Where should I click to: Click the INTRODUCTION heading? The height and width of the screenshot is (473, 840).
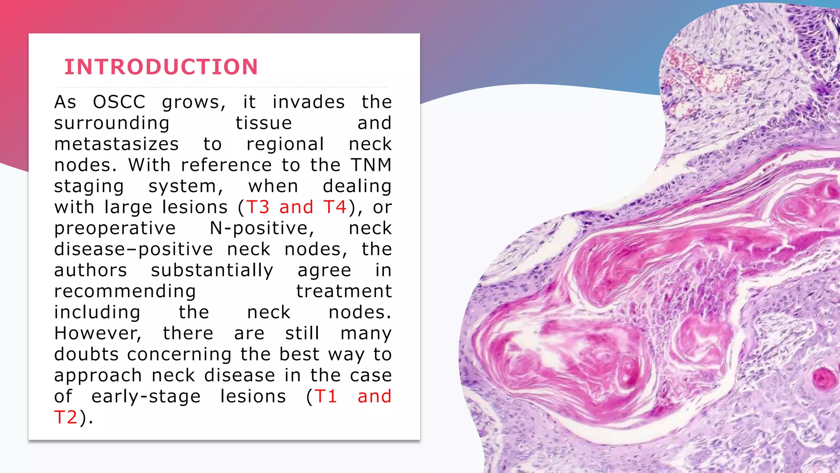click(161, 67)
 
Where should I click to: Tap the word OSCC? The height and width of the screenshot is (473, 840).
click(119, 102)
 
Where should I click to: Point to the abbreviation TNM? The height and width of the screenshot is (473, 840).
click(371, 165)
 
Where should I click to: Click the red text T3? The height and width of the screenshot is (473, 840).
click(258, 207)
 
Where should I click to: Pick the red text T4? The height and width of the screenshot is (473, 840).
click(335, 207)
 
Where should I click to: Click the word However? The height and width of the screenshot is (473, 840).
click(98, 333)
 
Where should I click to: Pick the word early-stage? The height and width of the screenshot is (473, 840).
click(146, 397)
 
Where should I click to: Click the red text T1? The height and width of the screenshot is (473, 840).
click(326, 397)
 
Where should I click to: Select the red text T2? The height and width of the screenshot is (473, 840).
click(66, 418)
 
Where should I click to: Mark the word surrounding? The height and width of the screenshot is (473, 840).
click(112, 123)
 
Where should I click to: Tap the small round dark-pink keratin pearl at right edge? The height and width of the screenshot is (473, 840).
click(823, 378)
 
